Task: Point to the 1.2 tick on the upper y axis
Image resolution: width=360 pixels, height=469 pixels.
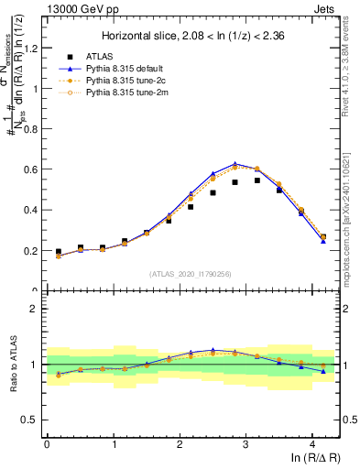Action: pyautogui.click(x=30, y=49)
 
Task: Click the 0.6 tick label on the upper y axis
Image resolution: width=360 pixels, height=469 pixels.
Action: pyautogui.click(x=30, y=169)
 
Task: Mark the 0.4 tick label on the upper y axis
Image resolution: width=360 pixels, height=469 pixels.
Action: pyautogui.click(x=30, y=210)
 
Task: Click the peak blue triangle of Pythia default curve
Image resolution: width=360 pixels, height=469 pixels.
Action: pyautogui.click(x=235, y=164)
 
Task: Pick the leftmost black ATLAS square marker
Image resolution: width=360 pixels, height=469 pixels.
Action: pyautogui.click(x=59, y=251)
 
